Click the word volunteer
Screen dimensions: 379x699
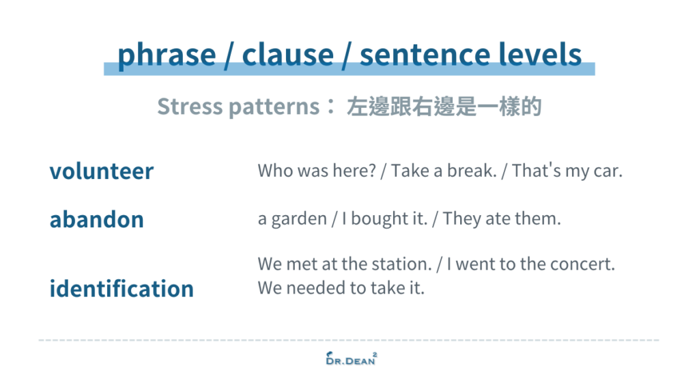(x=101, y=171)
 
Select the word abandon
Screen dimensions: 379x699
(x=96, y=220)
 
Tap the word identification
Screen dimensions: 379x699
(x=122, y=289)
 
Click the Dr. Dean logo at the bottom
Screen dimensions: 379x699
(x=349, y=358)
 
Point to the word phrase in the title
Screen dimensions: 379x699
(x=165, y=55)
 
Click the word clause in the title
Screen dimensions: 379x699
(x=287, y=55)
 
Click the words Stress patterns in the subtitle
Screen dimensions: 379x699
(x=238, y=107)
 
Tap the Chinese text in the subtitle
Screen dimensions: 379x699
(x=444, y=107)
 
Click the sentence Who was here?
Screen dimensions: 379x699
(x=317, y=171)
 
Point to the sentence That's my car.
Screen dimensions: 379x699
(x=567, y=171)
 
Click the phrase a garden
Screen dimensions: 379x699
(x=292, y=219)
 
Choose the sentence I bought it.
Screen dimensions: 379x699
(x=380, y=219)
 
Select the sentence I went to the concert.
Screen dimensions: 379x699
(x=535, y=264)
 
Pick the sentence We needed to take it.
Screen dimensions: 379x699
(x=341, y=288)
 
